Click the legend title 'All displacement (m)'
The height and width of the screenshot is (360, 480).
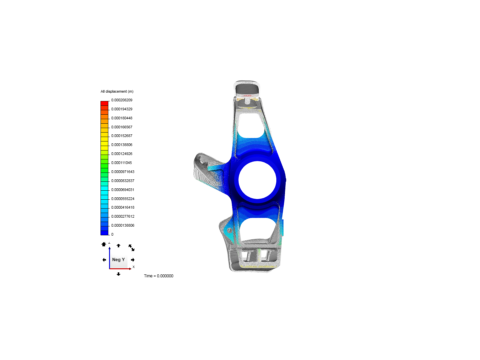[x=117, y=91]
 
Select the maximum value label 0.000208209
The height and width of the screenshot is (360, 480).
[x=122, y=100]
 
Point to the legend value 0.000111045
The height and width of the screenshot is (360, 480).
[x=121, y=163]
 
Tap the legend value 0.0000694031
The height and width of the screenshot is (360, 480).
[x=123, y=190]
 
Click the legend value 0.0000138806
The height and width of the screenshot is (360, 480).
[x=123, y=225]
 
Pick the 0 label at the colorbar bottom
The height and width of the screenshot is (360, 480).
[x=112, y=234]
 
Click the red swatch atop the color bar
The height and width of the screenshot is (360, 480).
[x=104, y=103]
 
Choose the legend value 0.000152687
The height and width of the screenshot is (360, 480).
[x=122, y=136]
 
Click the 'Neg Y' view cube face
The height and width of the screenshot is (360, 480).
[x=118, y=260]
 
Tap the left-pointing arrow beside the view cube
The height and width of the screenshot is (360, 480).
[x=104, y=260]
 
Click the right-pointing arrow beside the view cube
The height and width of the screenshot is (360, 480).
[x=133, y=260]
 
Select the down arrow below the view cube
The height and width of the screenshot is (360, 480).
[x=118, y=274]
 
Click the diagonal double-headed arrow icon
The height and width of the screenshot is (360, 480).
[x=131, y=248]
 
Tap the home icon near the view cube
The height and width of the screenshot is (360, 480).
[x=104, y=244]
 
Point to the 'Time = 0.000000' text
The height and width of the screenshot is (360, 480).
[x=158, y=276]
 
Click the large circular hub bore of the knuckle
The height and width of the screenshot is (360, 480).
[x=257, y=180]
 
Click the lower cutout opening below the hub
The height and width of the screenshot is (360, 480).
[x=258, y=229]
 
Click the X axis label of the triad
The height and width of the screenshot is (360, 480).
[x=134, y=267]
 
